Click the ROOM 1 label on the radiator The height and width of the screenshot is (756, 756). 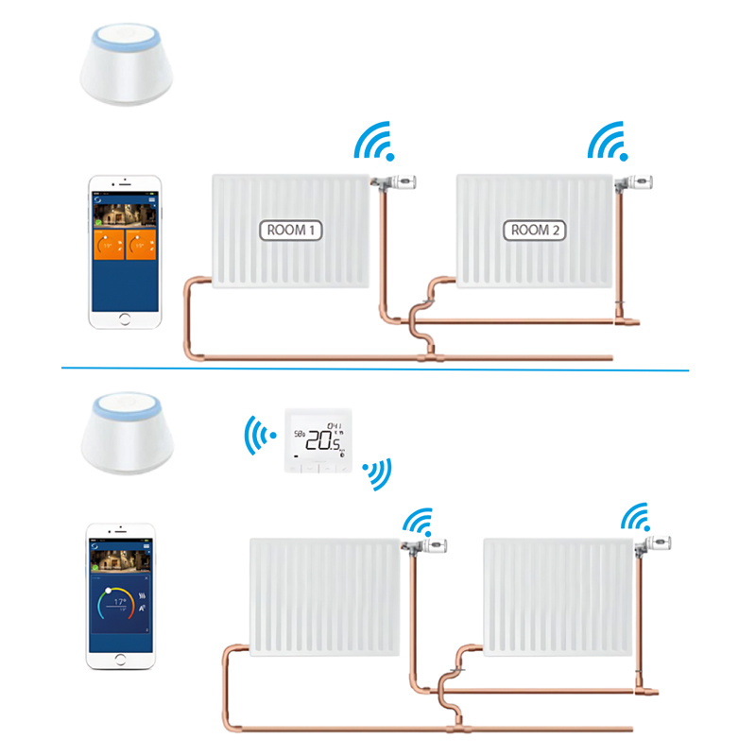click(291, 230)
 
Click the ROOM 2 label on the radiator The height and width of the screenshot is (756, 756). click(537, 230)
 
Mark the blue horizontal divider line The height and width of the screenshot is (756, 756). click(378, 369)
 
